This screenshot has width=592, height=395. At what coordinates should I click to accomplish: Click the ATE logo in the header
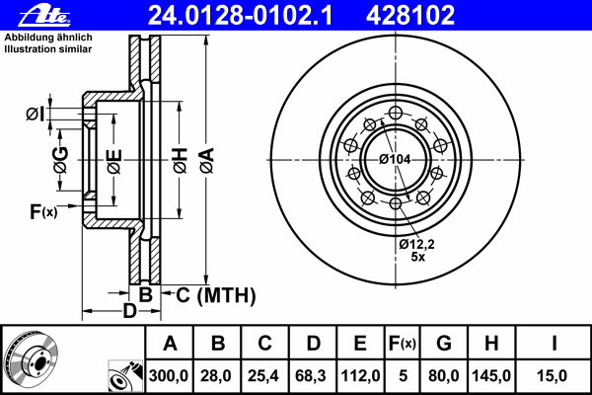point(44,16)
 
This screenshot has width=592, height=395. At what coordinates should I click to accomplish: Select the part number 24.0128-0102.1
point(240,16)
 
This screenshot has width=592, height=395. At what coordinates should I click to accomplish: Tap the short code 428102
point(410,16)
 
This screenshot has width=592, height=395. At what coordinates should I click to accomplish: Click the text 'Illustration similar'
point(48,49)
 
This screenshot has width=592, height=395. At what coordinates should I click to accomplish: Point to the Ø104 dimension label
point(395,159)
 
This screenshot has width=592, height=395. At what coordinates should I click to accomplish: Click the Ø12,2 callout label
point(416,244)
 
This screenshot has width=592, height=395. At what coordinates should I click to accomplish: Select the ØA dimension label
point(207,161)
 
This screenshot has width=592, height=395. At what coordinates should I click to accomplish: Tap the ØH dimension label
point(181,161)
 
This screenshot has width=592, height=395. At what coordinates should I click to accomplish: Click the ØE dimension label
point(114,162)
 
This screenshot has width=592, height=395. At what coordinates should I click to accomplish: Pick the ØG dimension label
point(61,160)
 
